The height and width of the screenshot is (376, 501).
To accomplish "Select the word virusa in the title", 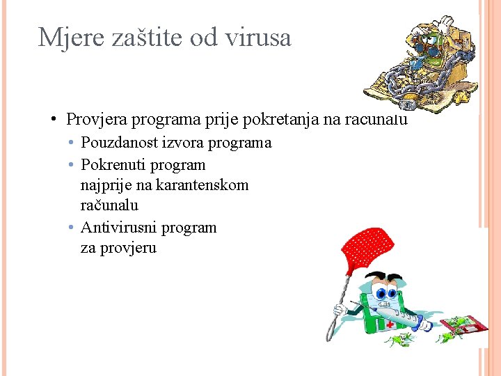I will pyautogui.click(x=258, y=37).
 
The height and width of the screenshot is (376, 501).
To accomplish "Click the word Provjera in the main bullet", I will pyautogui.click(x=96, y=119).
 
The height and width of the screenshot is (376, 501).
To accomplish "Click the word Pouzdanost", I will pyautogui.click(x=121, y=143).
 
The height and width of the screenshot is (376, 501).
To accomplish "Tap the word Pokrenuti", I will pyautogui.click(x=112, y=165).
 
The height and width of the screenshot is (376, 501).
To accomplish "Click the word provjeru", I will pyautogui.click(x=129, y=248).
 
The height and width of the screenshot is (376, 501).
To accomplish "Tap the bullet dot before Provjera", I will pyautogui.click(x=54, y=119).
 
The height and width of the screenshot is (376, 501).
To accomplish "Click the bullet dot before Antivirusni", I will pyautogui.click(x=72, y=228).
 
